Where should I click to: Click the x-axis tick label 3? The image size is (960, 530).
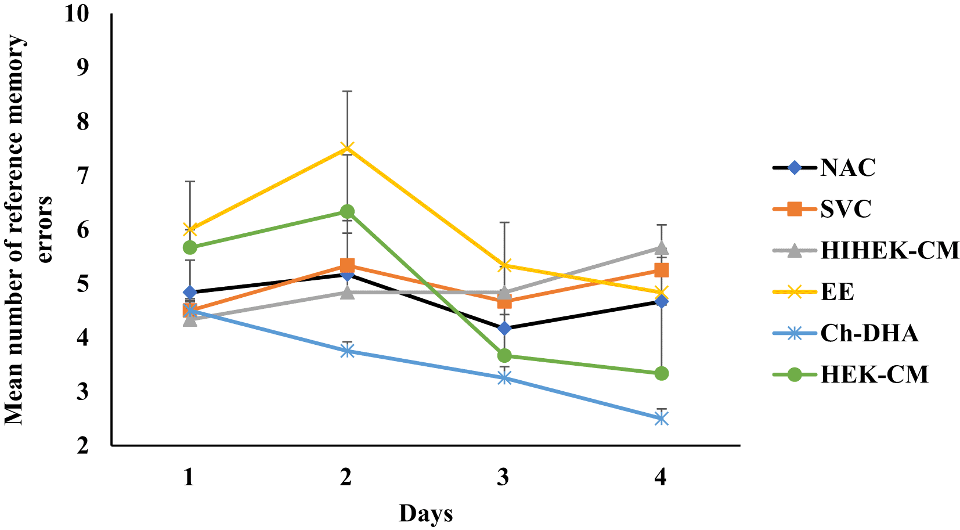click(x=503, y=477)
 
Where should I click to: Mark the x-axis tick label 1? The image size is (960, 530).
click(x=189, y=477)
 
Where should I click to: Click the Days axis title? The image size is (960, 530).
click(x=425, y=514)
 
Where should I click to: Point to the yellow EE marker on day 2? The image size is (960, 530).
click(x=347, y=148)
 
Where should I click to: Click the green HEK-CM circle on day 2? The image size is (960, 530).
click(x=347, y=211)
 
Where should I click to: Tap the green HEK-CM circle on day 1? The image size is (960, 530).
click(x=190, y=247)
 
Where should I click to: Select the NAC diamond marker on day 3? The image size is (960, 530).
click(x=504, y=329)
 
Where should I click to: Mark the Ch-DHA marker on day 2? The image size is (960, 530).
click(x=347, y=351)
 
